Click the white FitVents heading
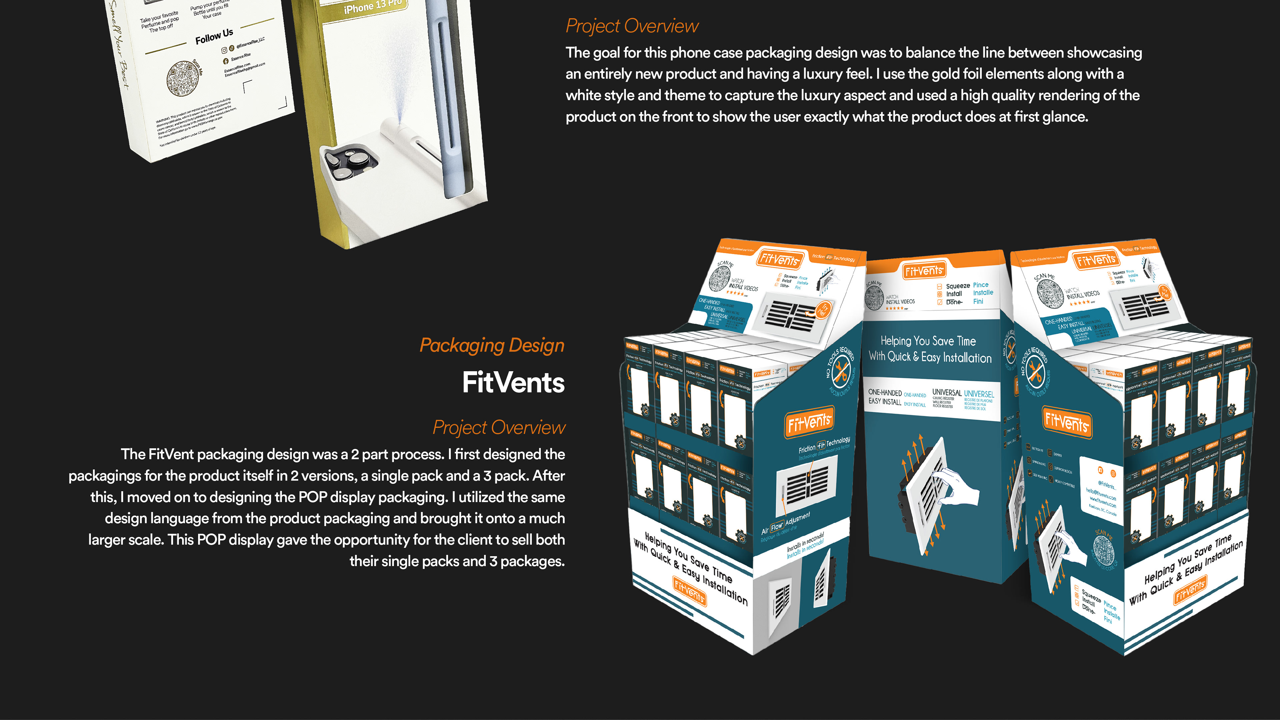[x=513, y=383]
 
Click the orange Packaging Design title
[x=492, y=345]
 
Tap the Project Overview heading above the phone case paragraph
[x=632, y=26]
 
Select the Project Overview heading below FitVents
[x=499, y=427]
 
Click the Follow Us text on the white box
[x=214, y=36]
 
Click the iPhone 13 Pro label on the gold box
[x=373, y=6]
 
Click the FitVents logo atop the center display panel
[x=924, y=271]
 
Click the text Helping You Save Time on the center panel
[x=928, y=341]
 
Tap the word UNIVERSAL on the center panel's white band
[x=947, y=393]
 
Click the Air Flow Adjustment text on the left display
[x=785, y=524]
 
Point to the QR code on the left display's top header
[x=720, y=278]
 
